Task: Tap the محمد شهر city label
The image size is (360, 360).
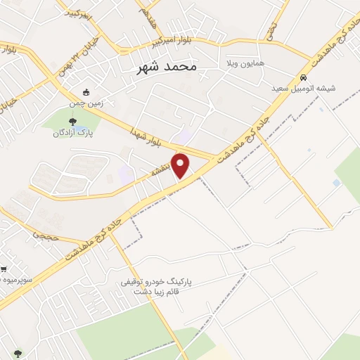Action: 166,67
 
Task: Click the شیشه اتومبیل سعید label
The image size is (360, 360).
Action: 303,89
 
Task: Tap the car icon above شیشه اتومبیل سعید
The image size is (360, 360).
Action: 303,77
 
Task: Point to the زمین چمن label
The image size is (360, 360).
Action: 86,103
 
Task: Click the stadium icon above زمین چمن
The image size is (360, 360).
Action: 86,92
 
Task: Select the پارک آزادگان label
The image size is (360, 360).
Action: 75,132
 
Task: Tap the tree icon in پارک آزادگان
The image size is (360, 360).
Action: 75,121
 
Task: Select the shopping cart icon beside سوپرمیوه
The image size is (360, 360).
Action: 4,269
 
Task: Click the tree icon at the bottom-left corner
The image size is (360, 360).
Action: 17,354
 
